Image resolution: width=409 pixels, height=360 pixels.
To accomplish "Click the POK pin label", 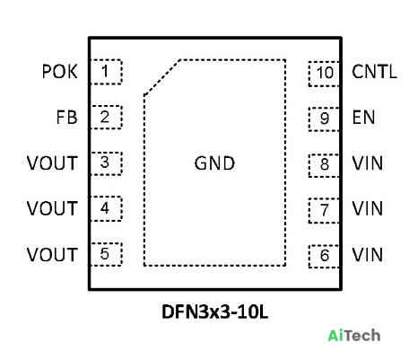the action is coord(59,72).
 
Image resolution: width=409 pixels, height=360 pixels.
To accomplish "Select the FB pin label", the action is coord(66,118).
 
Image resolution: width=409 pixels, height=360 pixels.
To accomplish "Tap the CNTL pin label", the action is coord(374,72).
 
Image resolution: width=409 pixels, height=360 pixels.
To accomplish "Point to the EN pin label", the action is coord(363,118).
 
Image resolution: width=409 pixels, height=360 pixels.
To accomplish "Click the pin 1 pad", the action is coord(106,72).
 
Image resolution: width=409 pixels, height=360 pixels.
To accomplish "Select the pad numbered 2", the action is coord(106,118).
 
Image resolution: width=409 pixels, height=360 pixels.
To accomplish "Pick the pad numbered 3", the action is coord(106,163).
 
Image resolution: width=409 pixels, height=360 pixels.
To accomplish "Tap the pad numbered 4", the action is coord(106,208).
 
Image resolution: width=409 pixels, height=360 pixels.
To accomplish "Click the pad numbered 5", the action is coord(106,254).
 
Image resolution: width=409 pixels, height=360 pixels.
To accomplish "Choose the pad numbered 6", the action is coord(324,256).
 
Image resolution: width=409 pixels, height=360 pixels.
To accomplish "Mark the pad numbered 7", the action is coord(324,210).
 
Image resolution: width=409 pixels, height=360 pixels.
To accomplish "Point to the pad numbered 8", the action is coord(324,165).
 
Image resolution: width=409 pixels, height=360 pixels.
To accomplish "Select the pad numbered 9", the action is coord(324,119).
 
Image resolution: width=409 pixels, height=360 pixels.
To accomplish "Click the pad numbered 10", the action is coord(324,74).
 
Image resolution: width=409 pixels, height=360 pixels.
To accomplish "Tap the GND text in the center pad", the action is coord(214,163).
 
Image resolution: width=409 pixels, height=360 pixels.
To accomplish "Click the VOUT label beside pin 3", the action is coord(52,163).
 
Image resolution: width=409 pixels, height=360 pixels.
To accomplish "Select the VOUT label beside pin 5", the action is coord(52,255).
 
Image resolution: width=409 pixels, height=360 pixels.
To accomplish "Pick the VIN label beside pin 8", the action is coord(368,163).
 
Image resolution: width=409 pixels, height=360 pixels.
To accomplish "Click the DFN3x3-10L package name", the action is coord(214,312).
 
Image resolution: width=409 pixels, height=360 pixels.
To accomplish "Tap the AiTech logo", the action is coord(354,336).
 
